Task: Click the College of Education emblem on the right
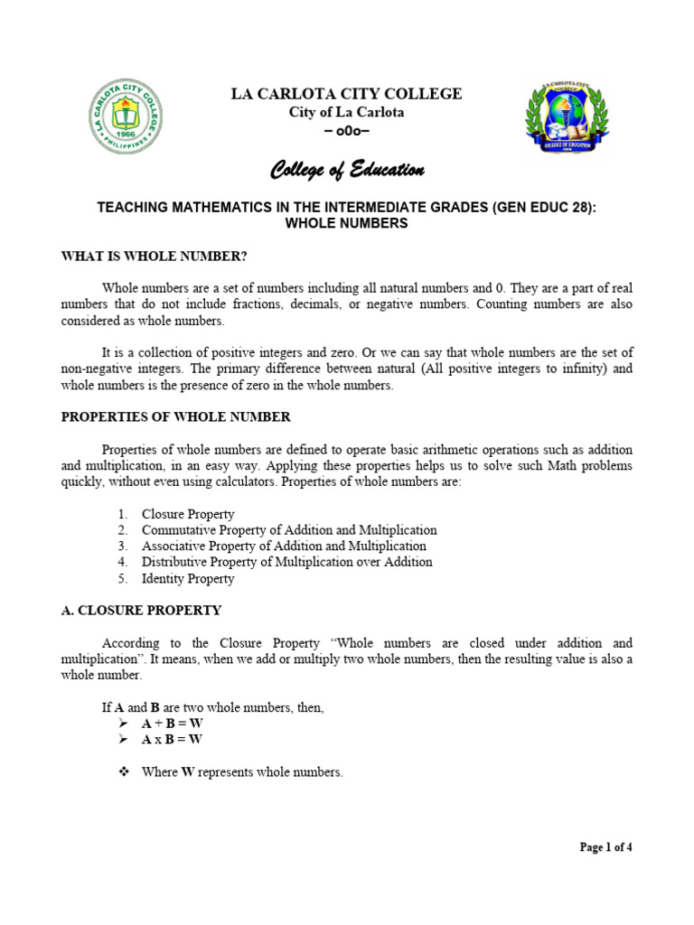click(564, 121)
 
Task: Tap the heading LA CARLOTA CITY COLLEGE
click(347, 94)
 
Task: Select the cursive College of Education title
click(347, 171)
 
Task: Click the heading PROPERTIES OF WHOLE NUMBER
click(175, 416)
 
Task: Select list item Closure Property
click(188, 514)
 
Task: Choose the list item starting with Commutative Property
click(289, 530)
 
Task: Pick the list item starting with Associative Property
click(284, 547)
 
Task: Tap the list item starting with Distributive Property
click(286, 562)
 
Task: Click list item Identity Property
click(188, 578)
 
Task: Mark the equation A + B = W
click(172, 724)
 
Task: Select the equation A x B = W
click(172, 740)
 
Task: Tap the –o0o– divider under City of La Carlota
click(347, 131)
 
